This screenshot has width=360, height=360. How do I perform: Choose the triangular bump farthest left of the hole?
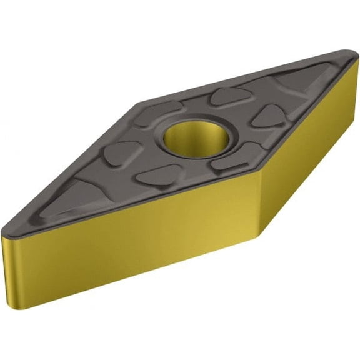tap(121, 153)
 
